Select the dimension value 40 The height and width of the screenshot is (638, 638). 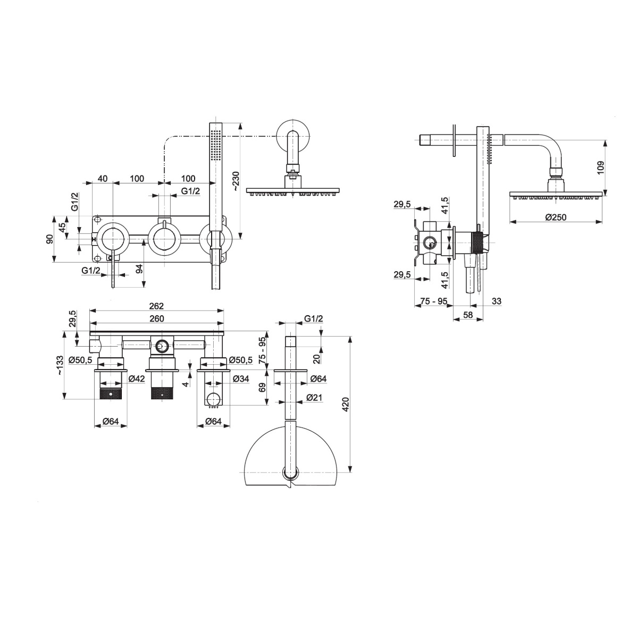pyautogui.click(x=103, y=179)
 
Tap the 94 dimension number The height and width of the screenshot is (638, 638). pyautogui.click(x=139, y=268)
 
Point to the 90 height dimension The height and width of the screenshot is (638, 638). pyautogui.click(x=49, y=239)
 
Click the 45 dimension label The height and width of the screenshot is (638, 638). pyautogui.click(x=62, y=228)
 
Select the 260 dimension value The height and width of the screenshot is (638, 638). pyautogui.click(x=157, y=318)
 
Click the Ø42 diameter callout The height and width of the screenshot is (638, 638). pyautogui.click(x=136, y=379)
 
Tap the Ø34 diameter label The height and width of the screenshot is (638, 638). pyautogui.click(x=241, y=379)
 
